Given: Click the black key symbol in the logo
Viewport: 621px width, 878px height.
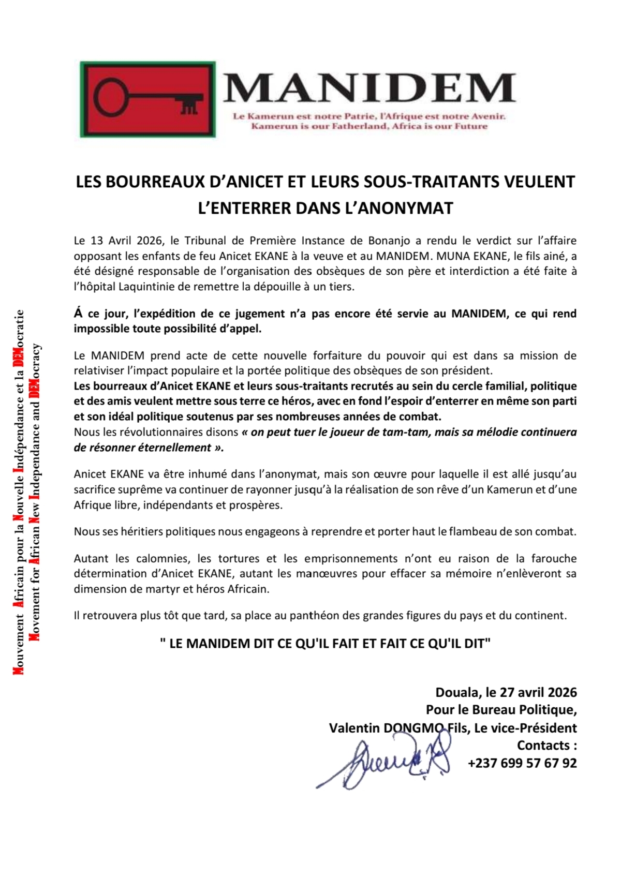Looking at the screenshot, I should pos(148,98).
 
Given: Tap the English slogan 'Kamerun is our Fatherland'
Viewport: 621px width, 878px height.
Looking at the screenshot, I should pos(369,127).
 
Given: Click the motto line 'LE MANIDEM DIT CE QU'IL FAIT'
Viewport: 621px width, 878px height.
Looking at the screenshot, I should pos(325,644).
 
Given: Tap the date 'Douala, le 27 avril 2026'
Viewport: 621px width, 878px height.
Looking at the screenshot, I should pos(506,693).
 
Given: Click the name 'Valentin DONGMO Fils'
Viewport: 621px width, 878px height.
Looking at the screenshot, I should pos(398,728).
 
